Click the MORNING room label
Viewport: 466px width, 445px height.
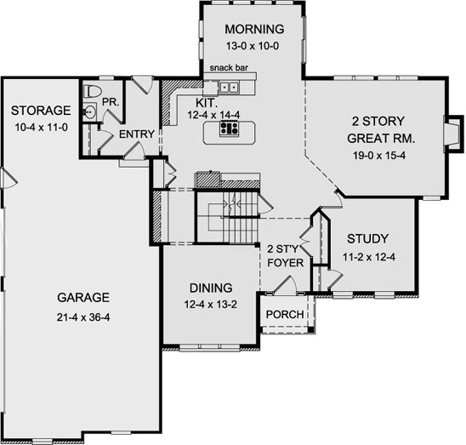tap(254, 29)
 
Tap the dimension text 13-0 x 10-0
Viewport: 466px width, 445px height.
tap(253, 46)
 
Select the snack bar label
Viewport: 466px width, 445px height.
tap(229, 68)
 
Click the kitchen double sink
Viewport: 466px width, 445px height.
tap(229, 87)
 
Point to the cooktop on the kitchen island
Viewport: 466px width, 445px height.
tap(229, 128)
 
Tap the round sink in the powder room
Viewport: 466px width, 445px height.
tap(88, 111)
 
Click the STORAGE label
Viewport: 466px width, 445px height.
tap(41, 111)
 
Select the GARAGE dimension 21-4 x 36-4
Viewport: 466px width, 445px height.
tap(83, 317)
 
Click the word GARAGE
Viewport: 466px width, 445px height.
tap(83, 298)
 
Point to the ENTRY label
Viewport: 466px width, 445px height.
tap(137, 134)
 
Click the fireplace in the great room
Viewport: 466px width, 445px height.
tap(453, 134)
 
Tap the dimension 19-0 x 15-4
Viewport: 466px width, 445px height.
tap(379, 155)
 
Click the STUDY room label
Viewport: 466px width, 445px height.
tap(368, 238)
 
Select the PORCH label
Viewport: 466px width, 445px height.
tap(285, 315)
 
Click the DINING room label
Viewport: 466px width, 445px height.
tap(211, 288)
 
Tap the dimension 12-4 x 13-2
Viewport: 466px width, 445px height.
tap(210, 305)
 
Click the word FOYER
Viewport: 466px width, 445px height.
tap(286, 263)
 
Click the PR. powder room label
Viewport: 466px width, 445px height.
tap(111, 102)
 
